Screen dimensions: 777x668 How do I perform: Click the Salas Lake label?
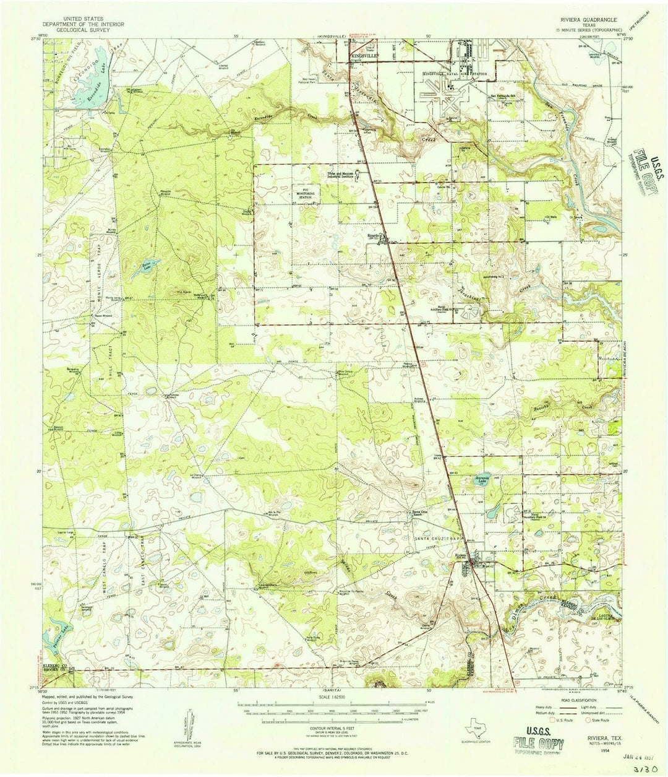(x=147, y=267)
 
